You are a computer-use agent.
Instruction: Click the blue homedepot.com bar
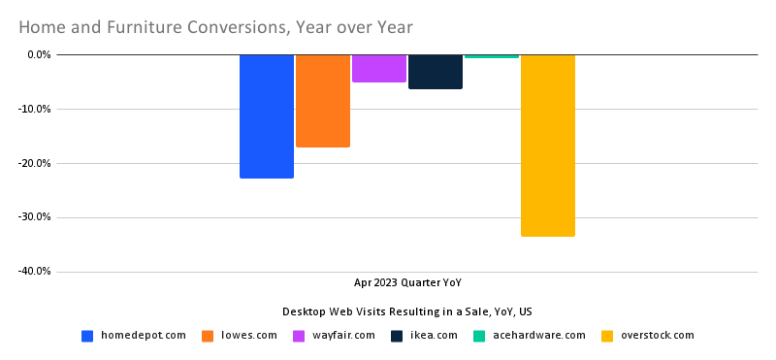tap(267, 116)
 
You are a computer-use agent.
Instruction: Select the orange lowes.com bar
tap(323, 101)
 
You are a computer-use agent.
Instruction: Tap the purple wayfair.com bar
tap(379, 68)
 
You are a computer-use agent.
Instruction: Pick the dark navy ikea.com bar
tap(436, 72)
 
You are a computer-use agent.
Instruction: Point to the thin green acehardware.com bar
tap(492, 56)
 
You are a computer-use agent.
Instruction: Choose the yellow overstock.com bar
tap(548, 146)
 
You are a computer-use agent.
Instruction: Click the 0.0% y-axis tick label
tap(39, 54)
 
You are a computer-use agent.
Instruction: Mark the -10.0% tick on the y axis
tap(35, 109)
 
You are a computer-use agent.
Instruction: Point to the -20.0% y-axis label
tap(35, 163)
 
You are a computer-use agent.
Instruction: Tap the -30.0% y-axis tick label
tap(35, 217)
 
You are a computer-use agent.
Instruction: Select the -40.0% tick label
tap(35, 272)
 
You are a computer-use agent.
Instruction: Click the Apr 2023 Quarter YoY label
tap(407, 283)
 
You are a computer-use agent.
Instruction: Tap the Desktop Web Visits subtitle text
tap(407, 311)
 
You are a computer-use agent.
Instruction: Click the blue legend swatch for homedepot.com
tap(87, 336)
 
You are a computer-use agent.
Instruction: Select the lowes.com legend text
tap(249, 336)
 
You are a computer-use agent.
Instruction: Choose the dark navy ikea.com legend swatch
tap(397, 336)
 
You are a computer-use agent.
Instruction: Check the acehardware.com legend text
tap(538, 336)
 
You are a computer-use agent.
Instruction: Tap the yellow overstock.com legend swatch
tap(607, 336)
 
